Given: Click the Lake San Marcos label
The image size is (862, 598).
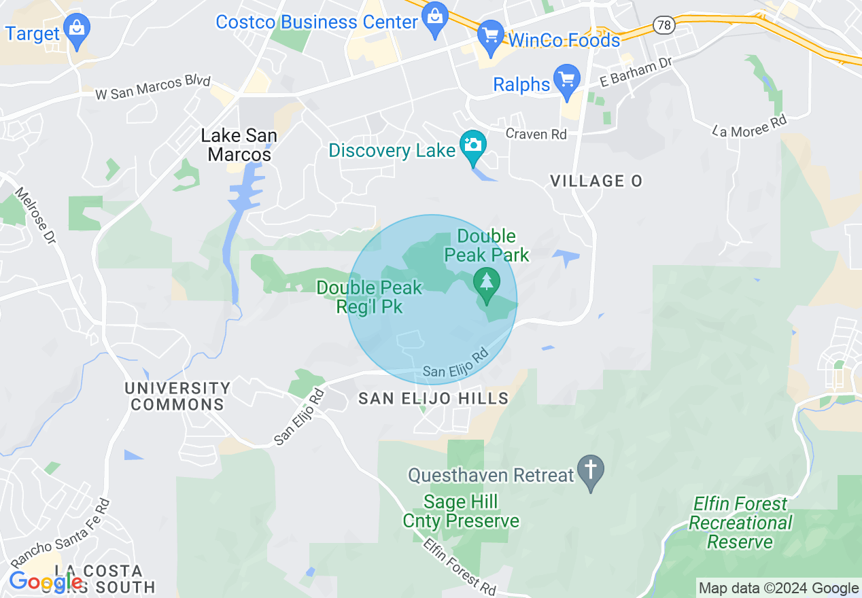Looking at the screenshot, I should pyautogui.click(x=239, y=145).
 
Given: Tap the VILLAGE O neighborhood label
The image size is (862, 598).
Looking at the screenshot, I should pyautogui.click(x=596, y=181).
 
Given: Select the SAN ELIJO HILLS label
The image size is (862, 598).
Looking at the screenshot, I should pyautogui.click(x=434, y=399).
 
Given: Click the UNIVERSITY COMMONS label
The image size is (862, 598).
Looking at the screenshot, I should pyautogui.click(x=177, y=396).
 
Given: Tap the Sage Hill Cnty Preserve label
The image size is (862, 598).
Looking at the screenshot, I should pyautogui.click(x=470, y=512).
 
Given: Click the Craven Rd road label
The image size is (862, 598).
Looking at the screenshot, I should pyautogui.click(x=536, y=134).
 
